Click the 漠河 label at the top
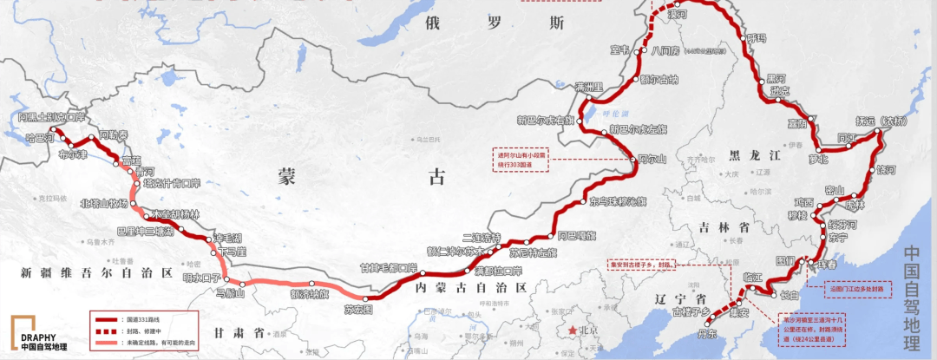coord(677,15)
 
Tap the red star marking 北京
coord(573,331)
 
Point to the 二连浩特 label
coord(482,238)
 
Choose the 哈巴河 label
coord(40,137)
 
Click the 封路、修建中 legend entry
coord(150,331)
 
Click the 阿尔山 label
coord(652,160)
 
